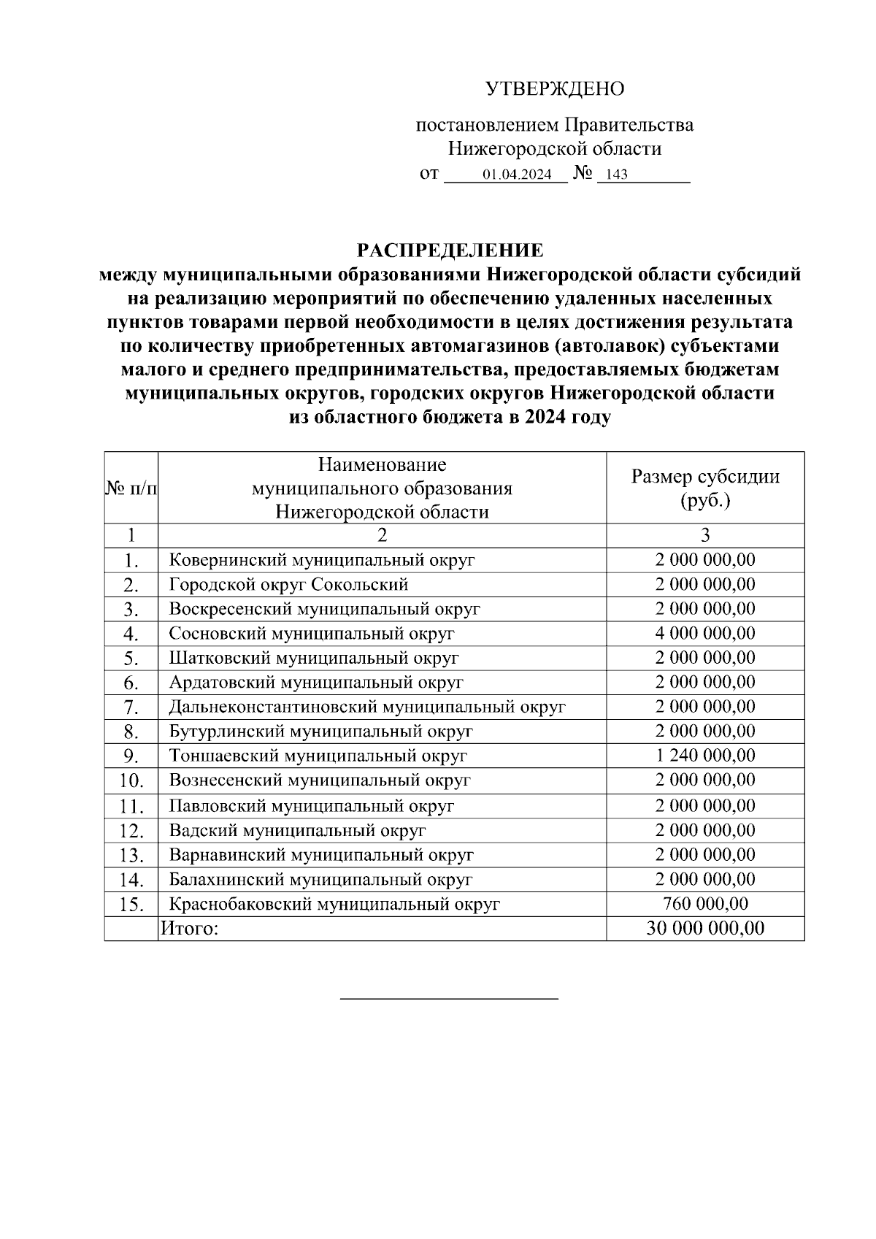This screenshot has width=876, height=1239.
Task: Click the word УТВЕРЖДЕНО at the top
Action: [x=555, y=90]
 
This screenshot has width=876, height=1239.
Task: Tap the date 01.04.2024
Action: [x=516, y=175]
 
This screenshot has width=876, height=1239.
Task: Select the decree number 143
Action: [x=616, y=175]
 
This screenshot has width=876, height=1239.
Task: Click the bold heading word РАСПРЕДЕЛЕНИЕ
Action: [x=450, y=250]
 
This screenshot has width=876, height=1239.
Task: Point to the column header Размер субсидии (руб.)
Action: [x=704, y=488]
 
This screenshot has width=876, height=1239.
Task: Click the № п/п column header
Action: [x=131, y=488]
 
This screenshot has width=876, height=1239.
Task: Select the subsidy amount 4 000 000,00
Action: [x=704, y=633]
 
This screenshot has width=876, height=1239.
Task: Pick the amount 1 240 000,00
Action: [x=704, y=755]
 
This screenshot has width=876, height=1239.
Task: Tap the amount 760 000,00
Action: [x=704, y=903]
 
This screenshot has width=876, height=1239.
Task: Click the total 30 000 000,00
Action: [x=704, y=928]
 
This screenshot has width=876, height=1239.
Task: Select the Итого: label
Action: [x=189, y=928]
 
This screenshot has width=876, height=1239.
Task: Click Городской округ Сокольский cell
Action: [x=288, y=584]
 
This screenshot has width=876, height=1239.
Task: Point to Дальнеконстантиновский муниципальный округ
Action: [x=367, y=706]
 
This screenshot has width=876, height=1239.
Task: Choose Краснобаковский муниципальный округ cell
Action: [x=334, y=904]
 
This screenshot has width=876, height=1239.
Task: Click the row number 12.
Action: [x=131, y=831]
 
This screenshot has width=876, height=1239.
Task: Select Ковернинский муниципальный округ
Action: [x=322, y=560]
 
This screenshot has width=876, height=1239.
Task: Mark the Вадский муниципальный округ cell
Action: [x=297, y=830]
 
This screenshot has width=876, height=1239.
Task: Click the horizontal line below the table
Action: [x=449, y=997]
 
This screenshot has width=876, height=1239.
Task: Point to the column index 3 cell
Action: [x=704, y=535]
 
